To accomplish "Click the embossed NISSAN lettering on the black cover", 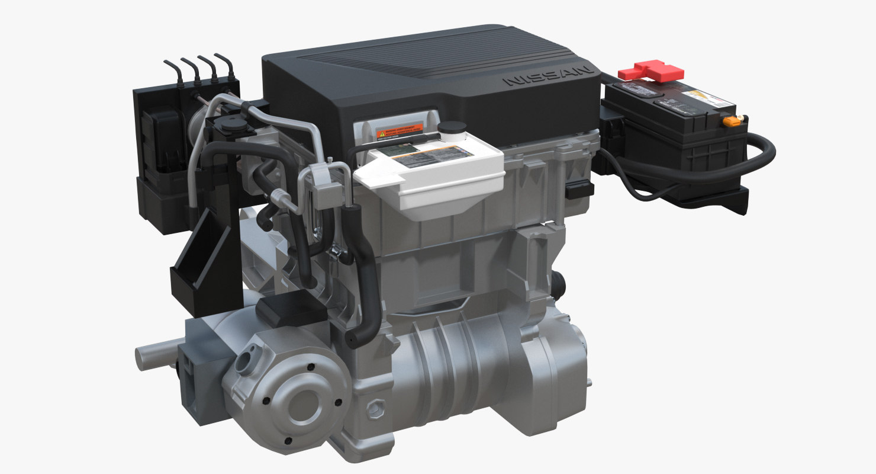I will pos(547,76).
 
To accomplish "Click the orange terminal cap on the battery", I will pos(733,121).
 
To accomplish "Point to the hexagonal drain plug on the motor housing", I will pos(376,408).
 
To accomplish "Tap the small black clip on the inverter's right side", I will pos(579,189).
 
